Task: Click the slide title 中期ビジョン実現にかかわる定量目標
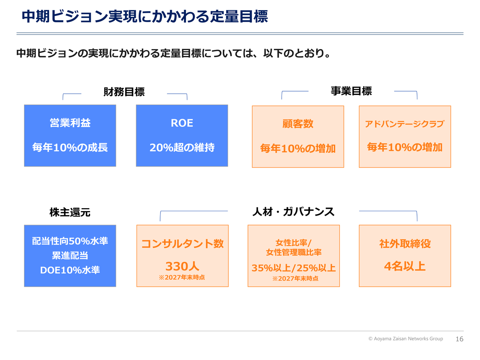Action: coord(144,16)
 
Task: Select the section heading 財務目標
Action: coord(124,92)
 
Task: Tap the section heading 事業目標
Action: coord(351,91)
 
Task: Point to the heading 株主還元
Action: coord(70,212)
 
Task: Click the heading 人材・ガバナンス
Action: coord(293,211)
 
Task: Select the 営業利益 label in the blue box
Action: coord(70,123)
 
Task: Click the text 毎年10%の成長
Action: coord(70,147)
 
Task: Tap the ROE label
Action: coord(182,123)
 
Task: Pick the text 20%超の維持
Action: coord(182,147)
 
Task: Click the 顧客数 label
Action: coord(298,124)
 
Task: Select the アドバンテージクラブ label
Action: coord(405,124)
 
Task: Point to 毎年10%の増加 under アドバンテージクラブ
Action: coord(405,147)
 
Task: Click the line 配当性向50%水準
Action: coord(70,241)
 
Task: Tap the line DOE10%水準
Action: coord(70,270)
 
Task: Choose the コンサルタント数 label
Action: coord(182,243)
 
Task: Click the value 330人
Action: coord(182,266)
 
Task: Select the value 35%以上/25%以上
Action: coord(294,268)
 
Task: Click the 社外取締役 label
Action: coord(405,243)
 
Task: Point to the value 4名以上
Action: coord(405,266)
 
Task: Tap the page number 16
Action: coord(459,339)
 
